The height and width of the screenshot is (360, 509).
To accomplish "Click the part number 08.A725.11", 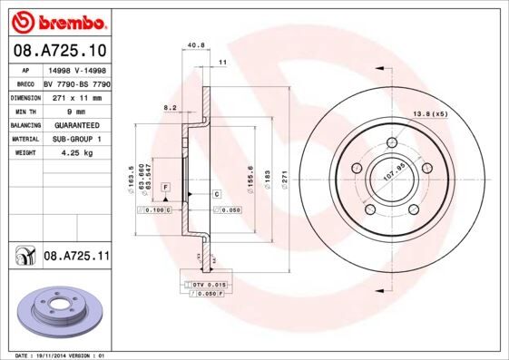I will click(76, 258).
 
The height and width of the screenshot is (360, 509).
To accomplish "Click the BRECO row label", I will click(26, 83).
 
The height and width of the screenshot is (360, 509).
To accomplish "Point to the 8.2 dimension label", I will click(170, 107).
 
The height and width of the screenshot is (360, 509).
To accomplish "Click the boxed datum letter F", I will click(166, 186).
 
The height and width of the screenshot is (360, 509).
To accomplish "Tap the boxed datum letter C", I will click(218, 194).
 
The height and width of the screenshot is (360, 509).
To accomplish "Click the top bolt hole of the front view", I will click(393, 142).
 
